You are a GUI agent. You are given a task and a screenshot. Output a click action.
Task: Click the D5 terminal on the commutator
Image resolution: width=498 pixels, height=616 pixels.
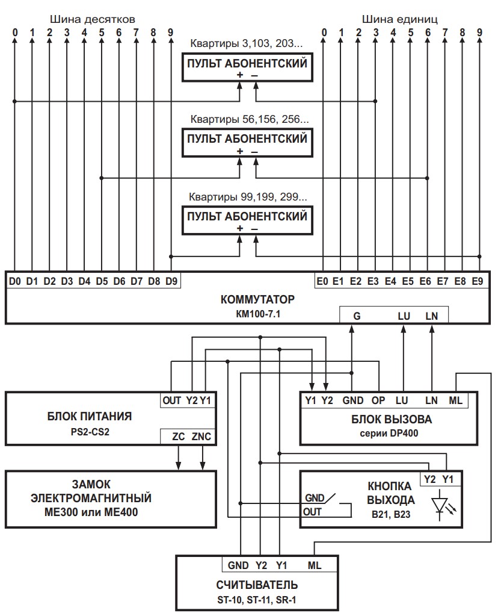pyautogui.click(x=102, y=281)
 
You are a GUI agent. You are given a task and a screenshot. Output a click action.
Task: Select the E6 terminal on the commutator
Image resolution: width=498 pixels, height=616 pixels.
pyautogui.click(x=425, y=281)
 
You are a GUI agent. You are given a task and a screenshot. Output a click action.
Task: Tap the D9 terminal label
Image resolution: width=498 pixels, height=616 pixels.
pyautogui.click(x=171, y=281)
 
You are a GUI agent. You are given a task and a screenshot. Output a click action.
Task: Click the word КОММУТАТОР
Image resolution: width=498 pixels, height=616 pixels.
pyautogui.click(x=250, y=299)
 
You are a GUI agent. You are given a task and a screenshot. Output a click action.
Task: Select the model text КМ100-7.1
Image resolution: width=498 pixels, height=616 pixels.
pyautogui.click(x=250, y=313)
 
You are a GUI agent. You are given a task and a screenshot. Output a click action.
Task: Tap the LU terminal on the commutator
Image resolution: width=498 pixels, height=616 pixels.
pyautogui.click(x=404, y=315)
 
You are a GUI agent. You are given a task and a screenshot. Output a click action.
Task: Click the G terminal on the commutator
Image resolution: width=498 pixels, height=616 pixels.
pyautogui.click(x=357, y=315)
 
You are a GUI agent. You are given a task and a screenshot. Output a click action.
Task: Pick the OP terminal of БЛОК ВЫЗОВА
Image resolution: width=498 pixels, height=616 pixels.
pyautogui.click(x=378, y=400)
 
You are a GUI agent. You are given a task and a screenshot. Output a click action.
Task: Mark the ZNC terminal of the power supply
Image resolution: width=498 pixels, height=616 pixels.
pyautogui.click(x=202, y=437)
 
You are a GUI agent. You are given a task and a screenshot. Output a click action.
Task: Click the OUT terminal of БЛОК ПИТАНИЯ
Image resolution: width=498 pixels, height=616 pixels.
pyautogui.click(x=171, y=400)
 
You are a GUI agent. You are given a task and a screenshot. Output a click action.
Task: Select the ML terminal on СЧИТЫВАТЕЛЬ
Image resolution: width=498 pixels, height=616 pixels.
pyautogui.click(x=314, y=565)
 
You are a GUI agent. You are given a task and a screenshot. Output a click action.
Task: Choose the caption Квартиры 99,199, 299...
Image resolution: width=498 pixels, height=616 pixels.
pyautogui.click(x=248, y=196)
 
